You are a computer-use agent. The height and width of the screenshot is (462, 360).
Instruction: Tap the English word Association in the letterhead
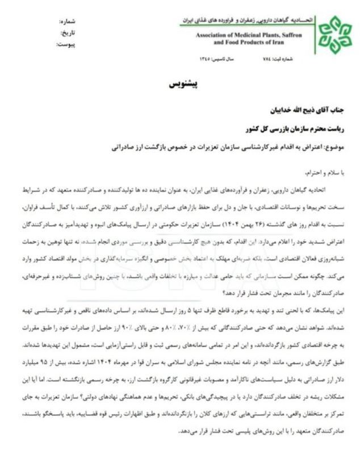coord(214,35)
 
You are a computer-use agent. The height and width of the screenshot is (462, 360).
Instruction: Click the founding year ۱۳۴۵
coord(205,59)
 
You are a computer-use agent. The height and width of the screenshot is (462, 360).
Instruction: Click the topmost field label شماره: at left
coord(68,22)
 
